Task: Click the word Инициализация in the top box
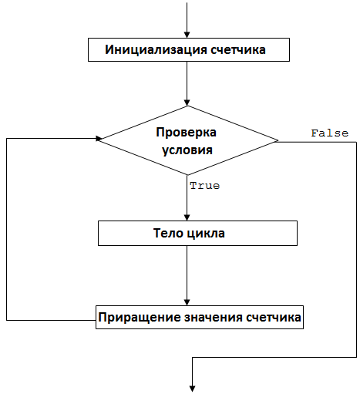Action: coord(156,50)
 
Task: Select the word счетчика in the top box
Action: coord(238,49)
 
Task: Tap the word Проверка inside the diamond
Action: coord(187,133)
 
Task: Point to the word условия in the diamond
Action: coord(187,150)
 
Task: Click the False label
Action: coord(330,133)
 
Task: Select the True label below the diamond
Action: coord(205,186)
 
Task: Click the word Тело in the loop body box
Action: coord(168,233)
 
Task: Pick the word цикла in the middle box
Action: coord(206,234)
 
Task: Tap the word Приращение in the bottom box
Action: coord(140,318)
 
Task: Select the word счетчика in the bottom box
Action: coord(274,318)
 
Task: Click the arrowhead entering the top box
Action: coord(187,35)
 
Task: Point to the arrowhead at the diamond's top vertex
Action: coord(187,103)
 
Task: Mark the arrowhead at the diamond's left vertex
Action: coord(99,139)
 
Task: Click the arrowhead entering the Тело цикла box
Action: coord(187,217)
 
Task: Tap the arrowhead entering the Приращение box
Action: coord(187,302)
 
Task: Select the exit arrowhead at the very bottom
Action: coord(193,389)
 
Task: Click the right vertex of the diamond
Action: coord(278,140)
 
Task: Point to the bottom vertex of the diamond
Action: coord(187,175)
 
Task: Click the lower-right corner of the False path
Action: coord(356,357)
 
